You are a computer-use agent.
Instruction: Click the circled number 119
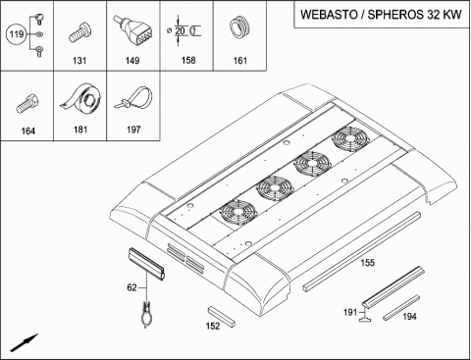pos(16,34)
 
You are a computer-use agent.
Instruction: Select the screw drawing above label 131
pos(79,32)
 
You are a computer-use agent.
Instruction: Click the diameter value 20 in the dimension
pos(180,30)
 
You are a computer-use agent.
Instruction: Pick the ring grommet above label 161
pos(239,28)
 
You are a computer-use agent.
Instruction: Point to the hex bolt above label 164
pos(27,103)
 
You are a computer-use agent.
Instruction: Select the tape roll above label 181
pos(80,98)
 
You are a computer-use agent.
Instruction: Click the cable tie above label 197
pos(134,97)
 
